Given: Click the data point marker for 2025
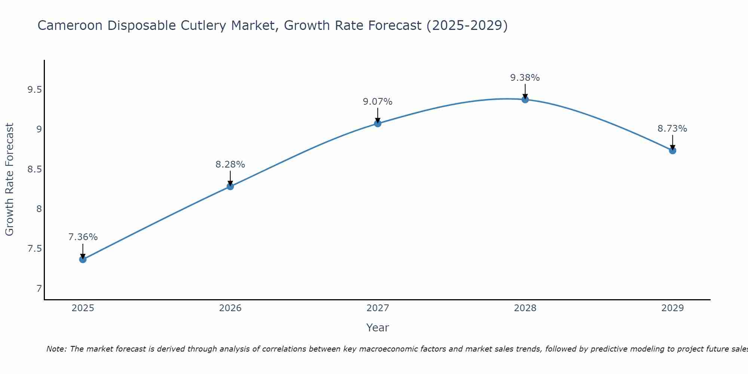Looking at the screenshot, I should [83, 259].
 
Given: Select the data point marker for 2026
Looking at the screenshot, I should [230, 186].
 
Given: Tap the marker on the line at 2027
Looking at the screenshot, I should [378, 123].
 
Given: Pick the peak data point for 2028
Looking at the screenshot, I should [525, 99].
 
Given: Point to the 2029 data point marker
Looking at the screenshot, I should [672, 150].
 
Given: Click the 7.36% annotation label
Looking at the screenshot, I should [83, 237].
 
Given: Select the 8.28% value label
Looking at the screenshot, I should [230, 165].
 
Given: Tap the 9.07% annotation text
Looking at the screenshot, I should [378, 102].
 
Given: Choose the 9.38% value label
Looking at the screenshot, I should [525, 78].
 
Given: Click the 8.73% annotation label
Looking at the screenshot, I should [672, 129].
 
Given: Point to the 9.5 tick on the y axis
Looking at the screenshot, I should [34, 90].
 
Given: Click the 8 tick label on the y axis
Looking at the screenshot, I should [39, 209].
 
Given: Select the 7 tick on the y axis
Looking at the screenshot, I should [39, 288].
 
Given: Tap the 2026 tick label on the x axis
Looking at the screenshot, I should [230, 308].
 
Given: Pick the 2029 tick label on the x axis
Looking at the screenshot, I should [672, 308].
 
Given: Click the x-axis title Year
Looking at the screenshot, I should [378, 328].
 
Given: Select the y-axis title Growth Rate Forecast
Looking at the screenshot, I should [9, 180].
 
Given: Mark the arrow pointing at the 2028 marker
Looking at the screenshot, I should [525, 91].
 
